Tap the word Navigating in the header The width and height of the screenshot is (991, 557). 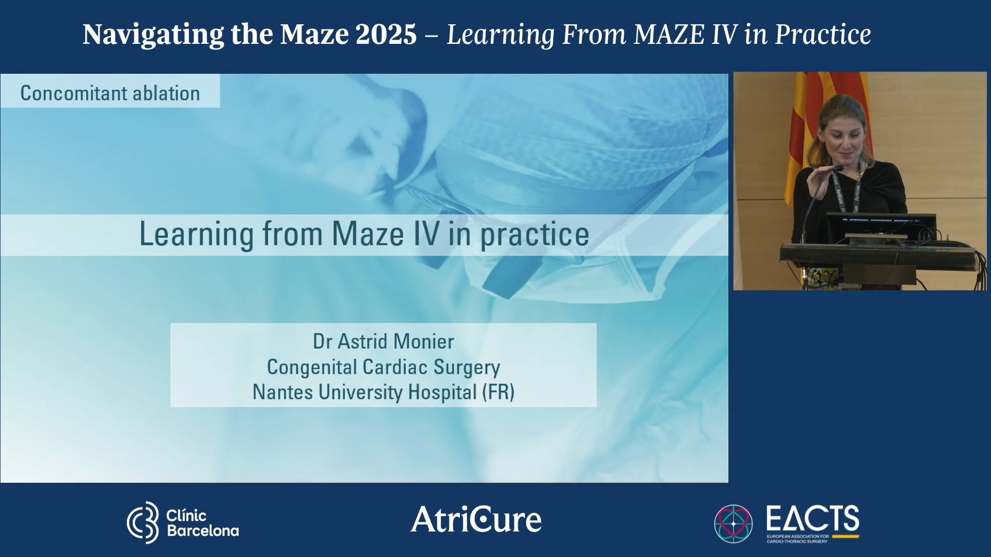click(153, 35)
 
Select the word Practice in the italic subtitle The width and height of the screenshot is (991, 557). click(823, 35)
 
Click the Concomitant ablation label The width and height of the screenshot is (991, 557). click(110, 93)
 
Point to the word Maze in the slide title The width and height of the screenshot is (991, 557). click(367, 234)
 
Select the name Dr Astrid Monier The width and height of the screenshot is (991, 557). click(383, 341)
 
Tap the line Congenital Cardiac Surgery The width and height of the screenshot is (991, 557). click(383, 367)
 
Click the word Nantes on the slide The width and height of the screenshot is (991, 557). click(282, 392)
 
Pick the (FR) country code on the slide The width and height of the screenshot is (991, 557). click(498, 392)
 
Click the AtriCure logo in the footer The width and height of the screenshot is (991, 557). click(476, 519)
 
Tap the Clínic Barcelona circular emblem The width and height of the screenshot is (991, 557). click(143, 522)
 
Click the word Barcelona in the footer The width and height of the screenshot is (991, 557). click(203, 531)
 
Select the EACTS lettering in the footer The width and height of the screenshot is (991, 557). click(812, 518)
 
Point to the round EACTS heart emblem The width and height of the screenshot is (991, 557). click(733, 523)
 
